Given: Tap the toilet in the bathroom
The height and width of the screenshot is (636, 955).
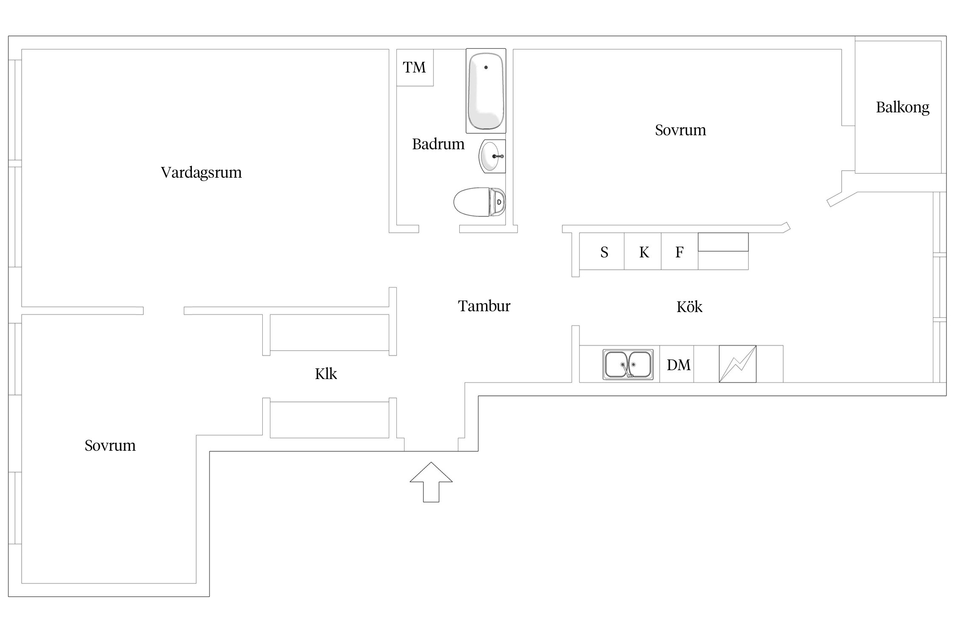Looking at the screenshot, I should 479,202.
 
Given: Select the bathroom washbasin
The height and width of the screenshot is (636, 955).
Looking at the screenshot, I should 492,156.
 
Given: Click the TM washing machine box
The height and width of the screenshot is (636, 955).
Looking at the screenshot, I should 415,67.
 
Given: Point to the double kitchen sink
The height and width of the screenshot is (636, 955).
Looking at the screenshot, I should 628,364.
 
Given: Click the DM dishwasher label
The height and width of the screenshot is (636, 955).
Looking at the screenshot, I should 678,365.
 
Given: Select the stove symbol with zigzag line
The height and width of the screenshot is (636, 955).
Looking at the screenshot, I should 737,364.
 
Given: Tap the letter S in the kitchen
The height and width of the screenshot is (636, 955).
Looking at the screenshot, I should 604,253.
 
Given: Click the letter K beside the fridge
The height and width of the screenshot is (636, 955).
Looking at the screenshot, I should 644,253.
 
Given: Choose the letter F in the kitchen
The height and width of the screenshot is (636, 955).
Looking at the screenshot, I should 679,253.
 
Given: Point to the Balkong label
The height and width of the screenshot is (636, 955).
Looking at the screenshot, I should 902,108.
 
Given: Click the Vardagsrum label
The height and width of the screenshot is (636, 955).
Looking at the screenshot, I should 201,173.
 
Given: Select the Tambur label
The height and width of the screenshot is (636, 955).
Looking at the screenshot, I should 484,306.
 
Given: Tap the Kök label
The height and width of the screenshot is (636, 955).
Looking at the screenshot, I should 689,307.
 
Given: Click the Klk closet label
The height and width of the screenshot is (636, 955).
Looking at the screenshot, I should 326,374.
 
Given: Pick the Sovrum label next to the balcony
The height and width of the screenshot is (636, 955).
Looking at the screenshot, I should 680,130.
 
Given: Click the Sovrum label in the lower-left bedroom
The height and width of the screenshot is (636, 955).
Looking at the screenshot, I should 110,446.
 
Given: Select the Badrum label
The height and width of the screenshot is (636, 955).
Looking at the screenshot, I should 438,145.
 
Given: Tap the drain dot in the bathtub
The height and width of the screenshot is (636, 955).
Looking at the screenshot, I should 486,67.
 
